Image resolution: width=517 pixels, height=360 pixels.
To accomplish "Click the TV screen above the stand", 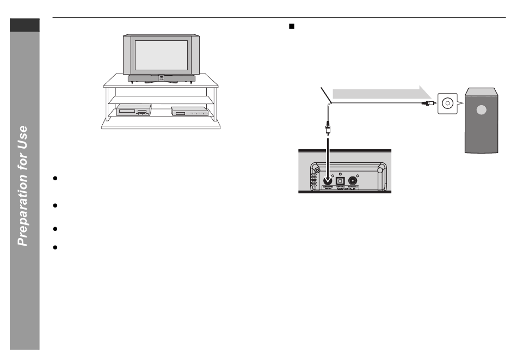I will coord(161,54).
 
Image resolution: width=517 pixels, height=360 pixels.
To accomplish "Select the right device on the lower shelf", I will coord(190,111).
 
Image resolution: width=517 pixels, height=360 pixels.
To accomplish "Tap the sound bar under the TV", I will coord(161,78).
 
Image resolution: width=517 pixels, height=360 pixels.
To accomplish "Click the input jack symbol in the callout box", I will coord(448,102).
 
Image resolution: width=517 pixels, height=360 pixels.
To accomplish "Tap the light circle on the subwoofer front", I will coord(480,109).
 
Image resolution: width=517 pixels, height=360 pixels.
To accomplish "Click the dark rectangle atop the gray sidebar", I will coord(24,25).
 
